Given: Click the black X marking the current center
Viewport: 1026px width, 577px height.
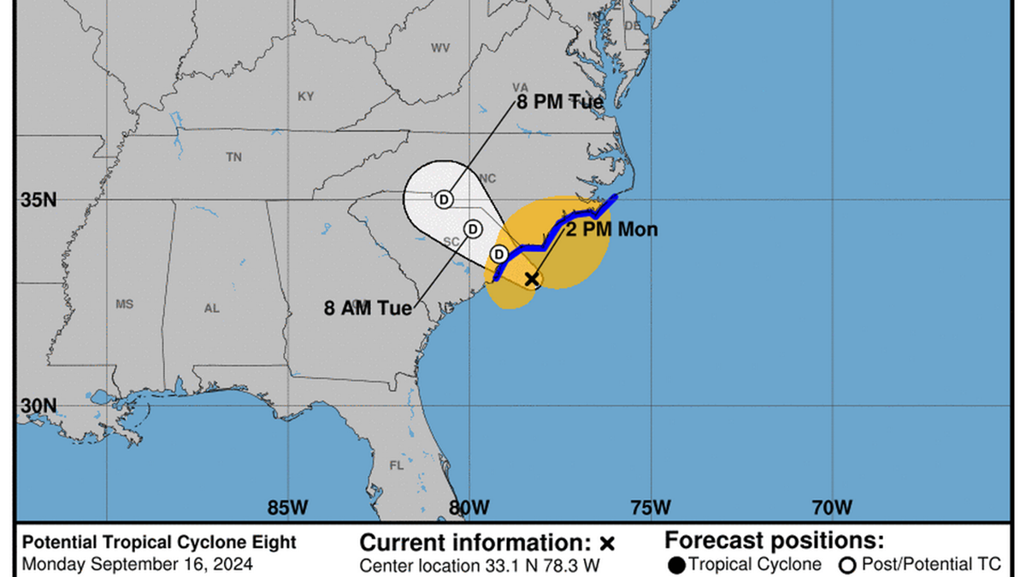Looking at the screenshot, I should (532, 279).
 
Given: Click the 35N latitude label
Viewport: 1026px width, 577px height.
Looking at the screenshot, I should (38, 200).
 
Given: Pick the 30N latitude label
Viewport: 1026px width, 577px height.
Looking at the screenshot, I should (38, 405).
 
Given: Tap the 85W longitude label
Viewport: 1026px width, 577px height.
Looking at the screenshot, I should (287, 507).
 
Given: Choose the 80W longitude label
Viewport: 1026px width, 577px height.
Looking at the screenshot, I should (469, 507).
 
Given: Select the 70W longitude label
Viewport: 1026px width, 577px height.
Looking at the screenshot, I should (832, 507).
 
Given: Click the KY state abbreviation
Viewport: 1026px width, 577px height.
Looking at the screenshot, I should (305, 97).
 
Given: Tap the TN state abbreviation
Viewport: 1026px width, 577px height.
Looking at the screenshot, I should (233, 157).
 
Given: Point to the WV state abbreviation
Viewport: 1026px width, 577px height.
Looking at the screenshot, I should (440, 48).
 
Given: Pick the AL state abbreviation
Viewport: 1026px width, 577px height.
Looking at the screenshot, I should (211, 309).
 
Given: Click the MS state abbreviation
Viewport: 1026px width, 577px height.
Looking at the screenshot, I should (125, 304).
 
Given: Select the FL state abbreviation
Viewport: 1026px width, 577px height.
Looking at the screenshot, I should (396, 466).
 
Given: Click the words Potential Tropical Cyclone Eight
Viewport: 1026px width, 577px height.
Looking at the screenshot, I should (159, 542).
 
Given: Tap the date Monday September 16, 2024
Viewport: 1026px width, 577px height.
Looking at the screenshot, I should (137, 564).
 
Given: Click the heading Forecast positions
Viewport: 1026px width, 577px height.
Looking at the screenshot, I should (774, 541).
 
